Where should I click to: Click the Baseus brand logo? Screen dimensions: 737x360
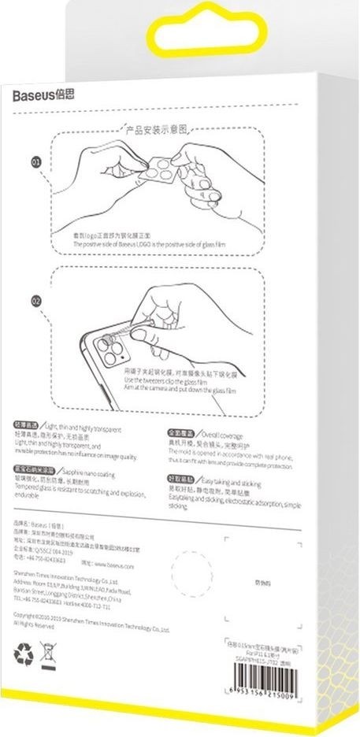(x=43, y=96)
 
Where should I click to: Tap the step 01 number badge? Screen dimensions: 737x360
(x=35, y=163)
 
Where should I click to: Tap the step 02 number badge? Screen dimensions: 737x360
(x=35, y=300)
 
